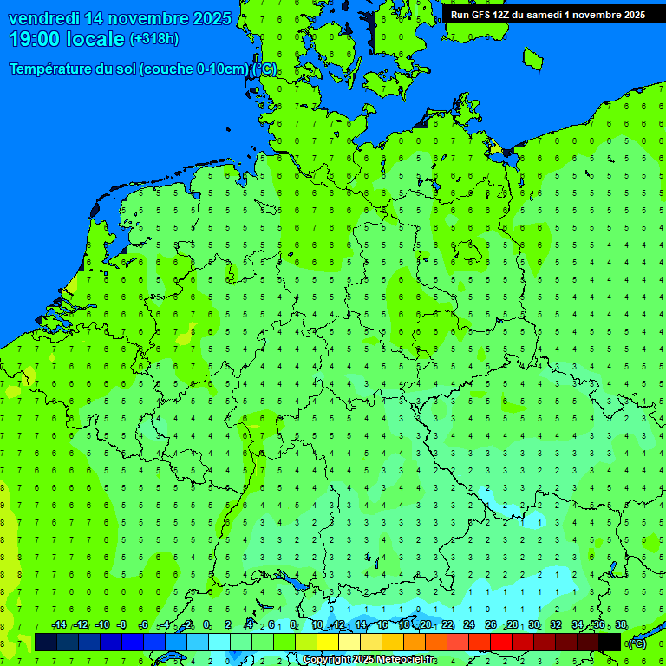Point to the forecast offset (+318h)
tap(154, 39)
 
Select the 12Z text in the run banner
tap(502, 15)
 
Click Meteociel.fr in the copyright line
tap(406, 660)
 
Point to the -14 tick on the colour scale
tap(59, 625)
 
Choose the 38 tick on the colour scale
tap(621, 625)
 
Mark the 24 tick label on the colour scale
tap(469, 625)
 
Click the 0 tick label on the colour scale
tap(206, 625)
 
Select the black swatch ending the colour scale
tap(610, 642)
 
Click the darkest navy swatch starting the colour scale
tap(46, 642)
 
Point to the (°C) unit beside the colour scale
tap(637, 643)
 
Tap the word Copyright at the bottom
tap(326, 660)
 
